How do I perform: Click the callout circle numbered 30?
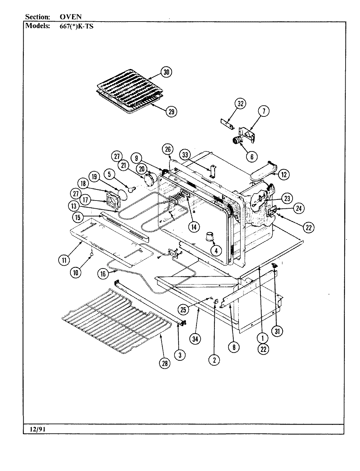166,72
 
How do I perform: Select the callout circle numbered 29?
171,112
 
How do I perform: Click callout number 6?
252,156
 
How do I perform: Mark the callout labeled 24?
298,208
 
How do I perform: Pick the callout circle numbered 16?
103,273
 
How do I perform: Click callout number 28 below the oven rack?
165,363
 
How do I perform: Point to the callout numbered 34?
195,339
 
